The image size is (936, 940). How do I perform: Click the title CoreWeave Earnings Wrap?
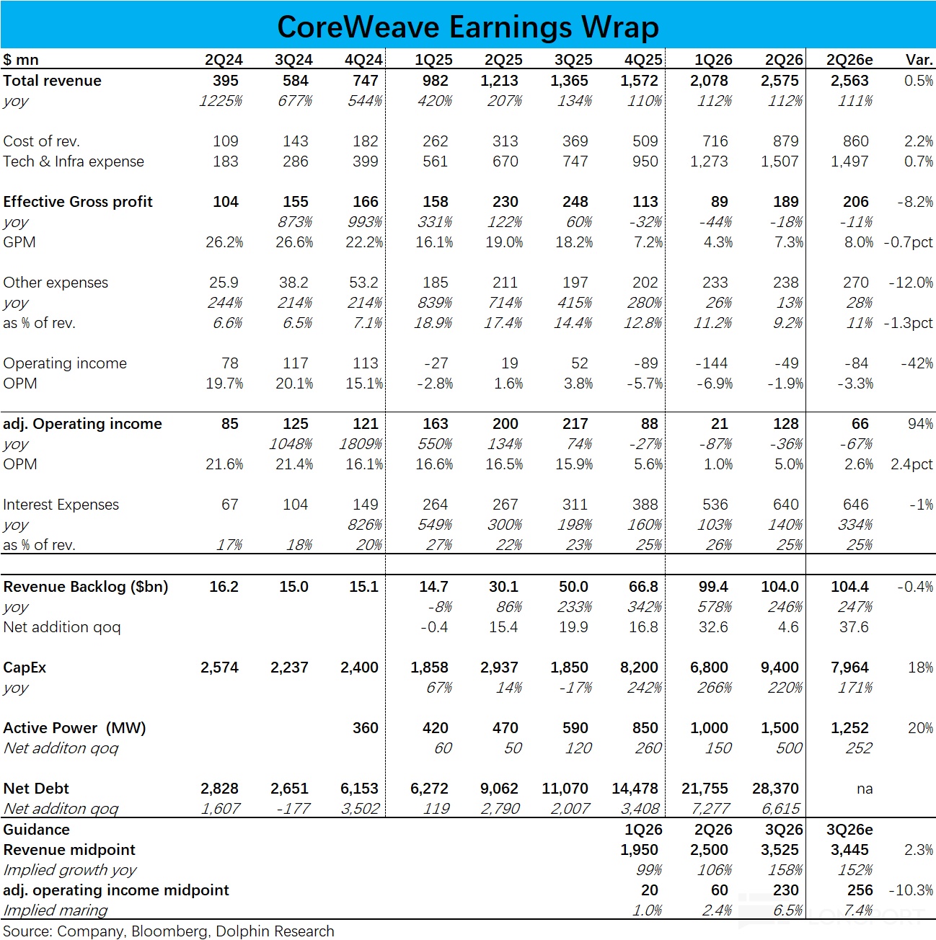coord(467,27)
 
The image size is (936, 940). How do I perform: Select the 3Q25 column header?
coord(573,60)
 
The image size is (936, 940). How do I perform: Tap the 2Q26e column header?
coord(849,60)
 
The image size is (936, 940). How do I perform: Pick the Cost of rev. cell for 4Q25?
coord(645,141)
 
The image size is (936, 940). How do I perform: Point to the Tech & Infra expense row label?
coord(74,161)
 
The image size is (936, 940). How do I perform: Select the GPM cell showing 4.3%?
coord(718,242)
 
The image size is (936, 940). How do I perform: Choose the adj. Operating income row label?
coord(82,423)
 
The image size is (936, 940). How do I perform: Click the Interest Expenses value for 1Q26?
coord(715,504)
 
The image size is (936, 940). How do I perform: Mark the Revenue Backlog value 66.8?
coord(643,586)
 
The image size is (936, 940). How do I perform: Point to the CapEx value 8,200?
coord(639,667)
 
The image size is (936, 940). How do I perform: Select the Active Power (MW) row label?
coord(75,728)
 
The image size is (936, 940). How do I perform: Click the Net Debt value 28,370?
coord(775,789)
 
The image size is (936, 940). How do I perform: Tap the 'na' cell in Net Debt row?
coord(865,789)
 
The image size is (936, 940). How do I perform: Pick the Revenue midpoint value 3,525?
coord(780,849)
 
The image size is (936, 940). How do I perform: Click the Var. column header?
coord(919,60)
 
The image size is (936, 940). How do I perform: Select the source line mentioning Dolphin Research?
coord(168,931)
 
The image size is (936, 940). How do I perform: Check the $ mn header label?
coord(20,60)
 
